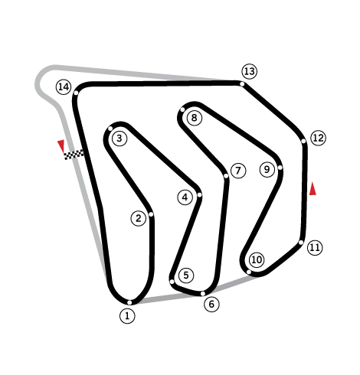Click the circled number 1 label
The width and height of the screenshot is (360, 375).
pos(127,316)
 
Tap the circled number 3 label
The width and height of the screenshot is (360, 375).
pos(119,139)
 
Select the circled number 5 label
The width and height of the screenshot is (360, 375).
pos(186,276)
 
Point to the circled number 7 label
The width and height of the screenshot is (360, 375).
pos(238,171)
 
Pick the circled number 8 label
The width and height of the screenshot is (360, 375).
pos(195,118)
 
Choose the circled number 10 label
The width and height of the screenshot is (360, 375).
pos(257,259)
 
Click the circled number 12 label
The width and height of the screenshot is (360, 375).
pos(319,138)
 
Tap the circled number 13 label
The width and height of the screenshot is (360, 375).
pos(250,71)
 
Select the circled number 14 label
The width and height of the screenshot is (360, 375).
pos(64,87)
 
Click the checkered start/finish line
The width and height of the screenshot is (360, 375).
pos(74,155)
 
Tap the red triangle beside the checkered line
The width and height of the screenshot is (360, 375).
pos(61,146)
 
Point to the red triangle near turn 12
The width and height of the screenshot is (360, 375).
pos(313,189)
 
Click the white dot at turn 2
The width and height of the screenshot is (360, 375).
pos(151,214)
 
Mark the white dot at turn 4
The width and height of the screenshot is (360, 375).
pos(199,195)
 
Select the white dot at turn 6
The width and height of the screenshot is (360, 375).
pos(203,294)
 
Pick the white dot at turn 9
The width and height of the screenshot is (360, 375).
pos(280,168)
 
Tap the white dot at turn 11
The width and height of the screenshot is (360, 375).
pos(301,243)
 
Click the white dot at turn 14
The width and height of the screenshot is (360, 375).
pos(76,93)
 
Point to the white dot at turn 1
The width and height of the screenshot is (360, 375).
pos(129,302)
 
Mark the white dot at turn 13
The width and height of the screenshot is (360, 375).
pos(242,84)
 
